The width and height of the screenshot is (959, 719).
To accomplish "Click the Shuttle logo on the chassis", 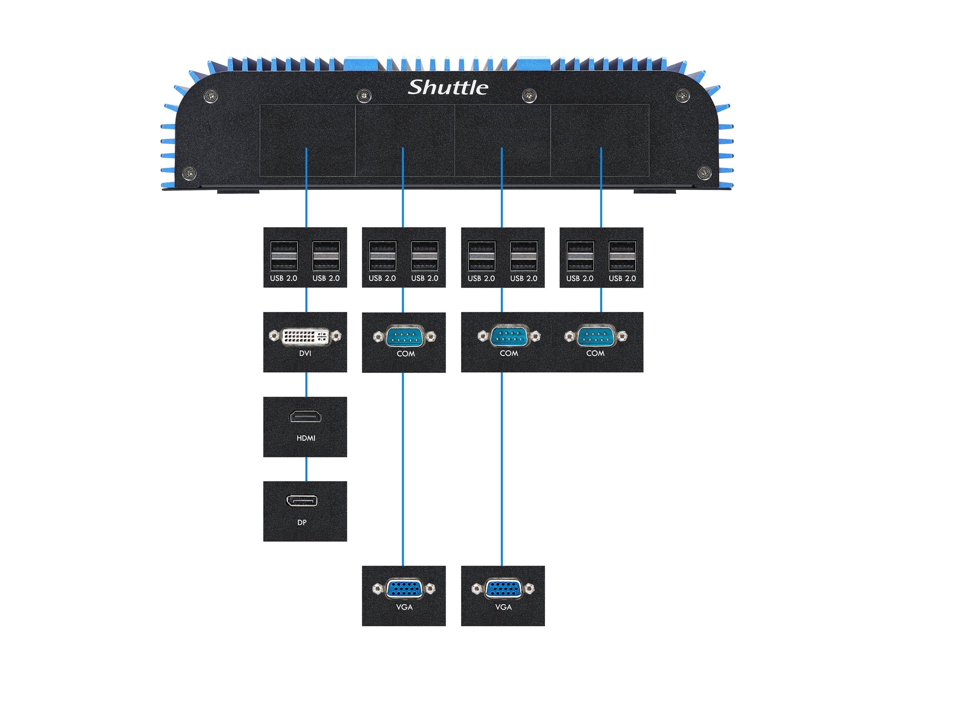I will (448, 87).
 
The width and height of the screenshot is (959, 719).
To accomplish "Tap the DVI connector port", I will (305, 336).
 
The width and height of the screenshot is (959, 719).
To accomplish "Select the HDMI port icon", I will (305, 417).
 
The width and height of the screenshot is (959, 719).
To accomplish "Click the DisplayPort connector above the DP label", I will (301, 501).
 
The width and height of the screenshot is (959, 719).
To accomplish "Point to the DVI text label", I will (305, 353).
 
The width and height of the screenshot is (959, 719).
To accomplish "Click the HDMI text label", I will (306, 438).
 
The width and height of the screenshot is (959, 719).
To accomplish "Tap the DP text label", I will (302, 522).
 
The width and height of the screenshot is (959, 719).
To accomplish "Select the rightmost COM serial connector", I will (595, 336).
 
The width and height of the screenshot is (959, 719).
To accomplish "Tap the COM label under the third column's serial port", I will (509, 353).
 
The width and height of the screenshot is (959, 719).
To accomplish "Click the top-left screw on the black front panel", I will (211, 95).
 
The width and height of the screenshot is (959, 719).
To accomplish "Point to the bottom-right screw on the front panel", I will (704, 173).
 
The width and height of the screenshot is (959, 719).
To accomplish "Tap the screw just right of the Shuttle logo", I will (529, 95).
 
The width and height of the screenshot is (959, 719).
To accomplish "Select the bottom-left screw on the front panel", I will (190, 173).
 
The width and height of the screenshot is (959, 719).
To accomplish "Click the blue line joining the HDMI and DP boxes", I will (306, 469).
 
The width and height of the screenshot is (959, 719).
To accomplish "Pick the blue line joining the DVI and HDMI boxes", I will (306, 384).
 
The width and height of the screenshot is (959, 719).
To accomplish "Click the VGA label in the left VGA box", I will (404, 607).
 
